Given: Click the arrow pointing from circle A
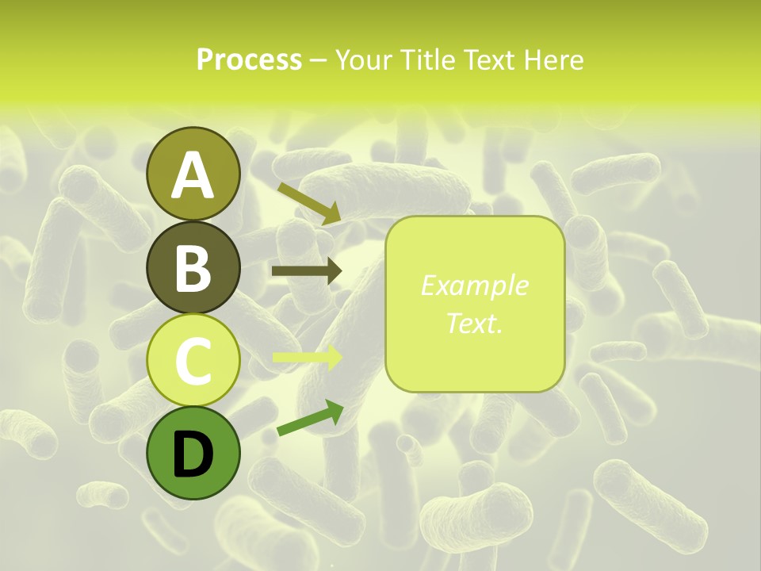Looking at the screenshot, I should coord(309,202).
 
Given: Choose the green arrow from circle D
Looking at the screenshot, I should coord(310,418).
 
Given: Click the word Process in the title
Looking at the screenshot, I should coord(249,60).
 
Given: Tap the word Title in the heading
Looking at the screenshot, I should coord(429,60).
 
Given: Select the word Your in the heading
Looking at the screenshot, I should coord(365,60).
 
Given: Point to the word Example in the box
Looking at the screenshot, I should coord(474,286).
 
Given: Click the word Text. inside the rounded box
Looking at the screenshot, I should coord(474,323).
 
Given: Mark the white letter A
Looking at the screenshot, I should coord(193,176).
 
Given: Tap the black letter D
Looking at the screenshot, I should coord(193,456).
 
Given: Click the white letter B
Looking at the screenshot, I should coord(193,269).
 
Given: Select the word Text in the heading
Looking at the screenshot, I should coord(488,60).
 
